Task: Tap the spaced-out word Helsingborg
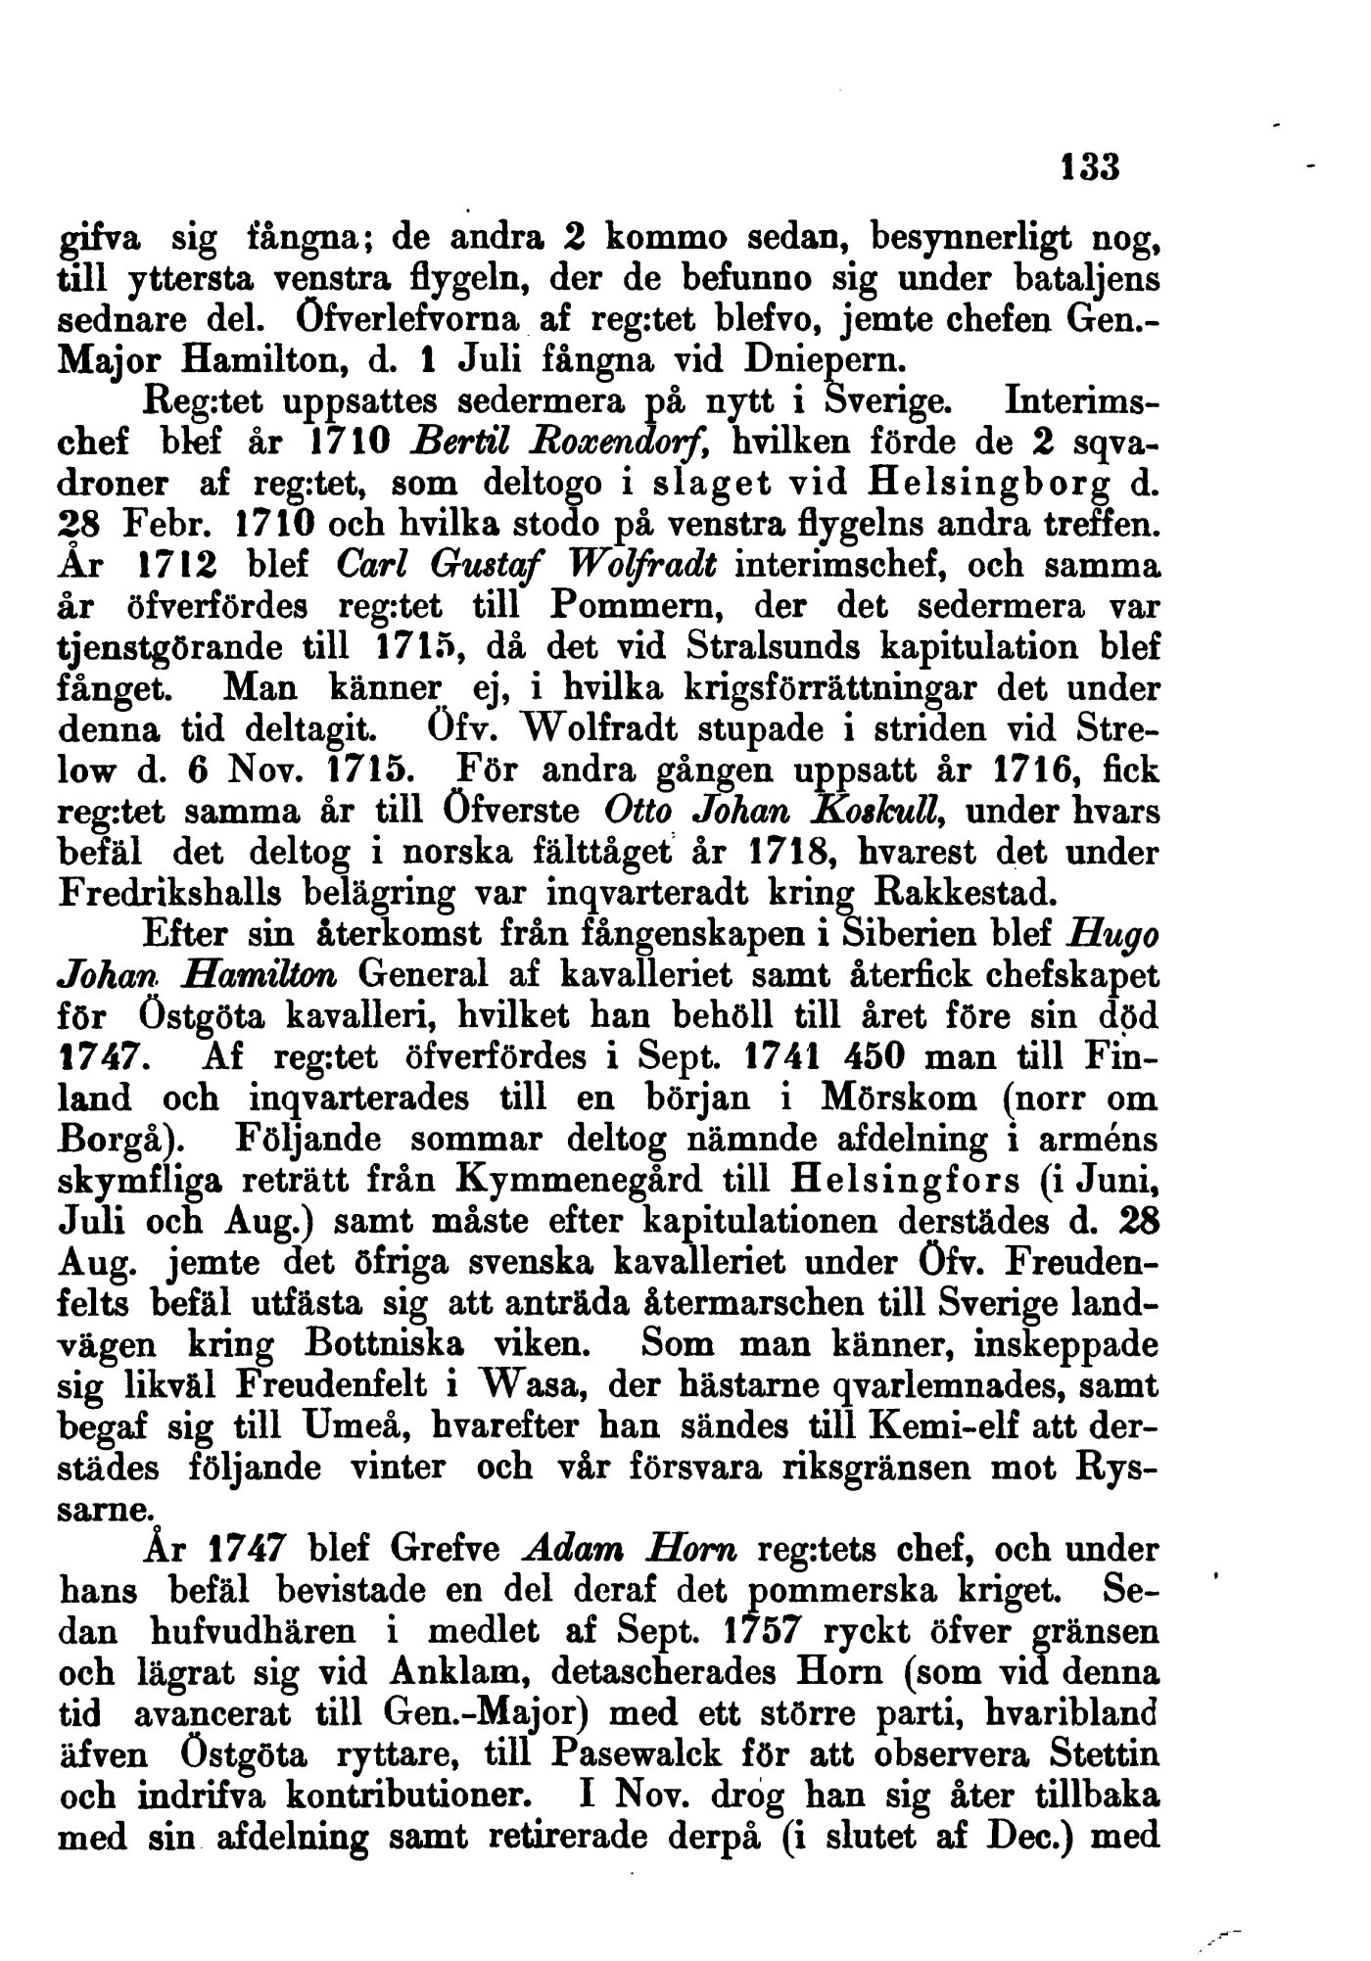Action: point(993,483)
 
